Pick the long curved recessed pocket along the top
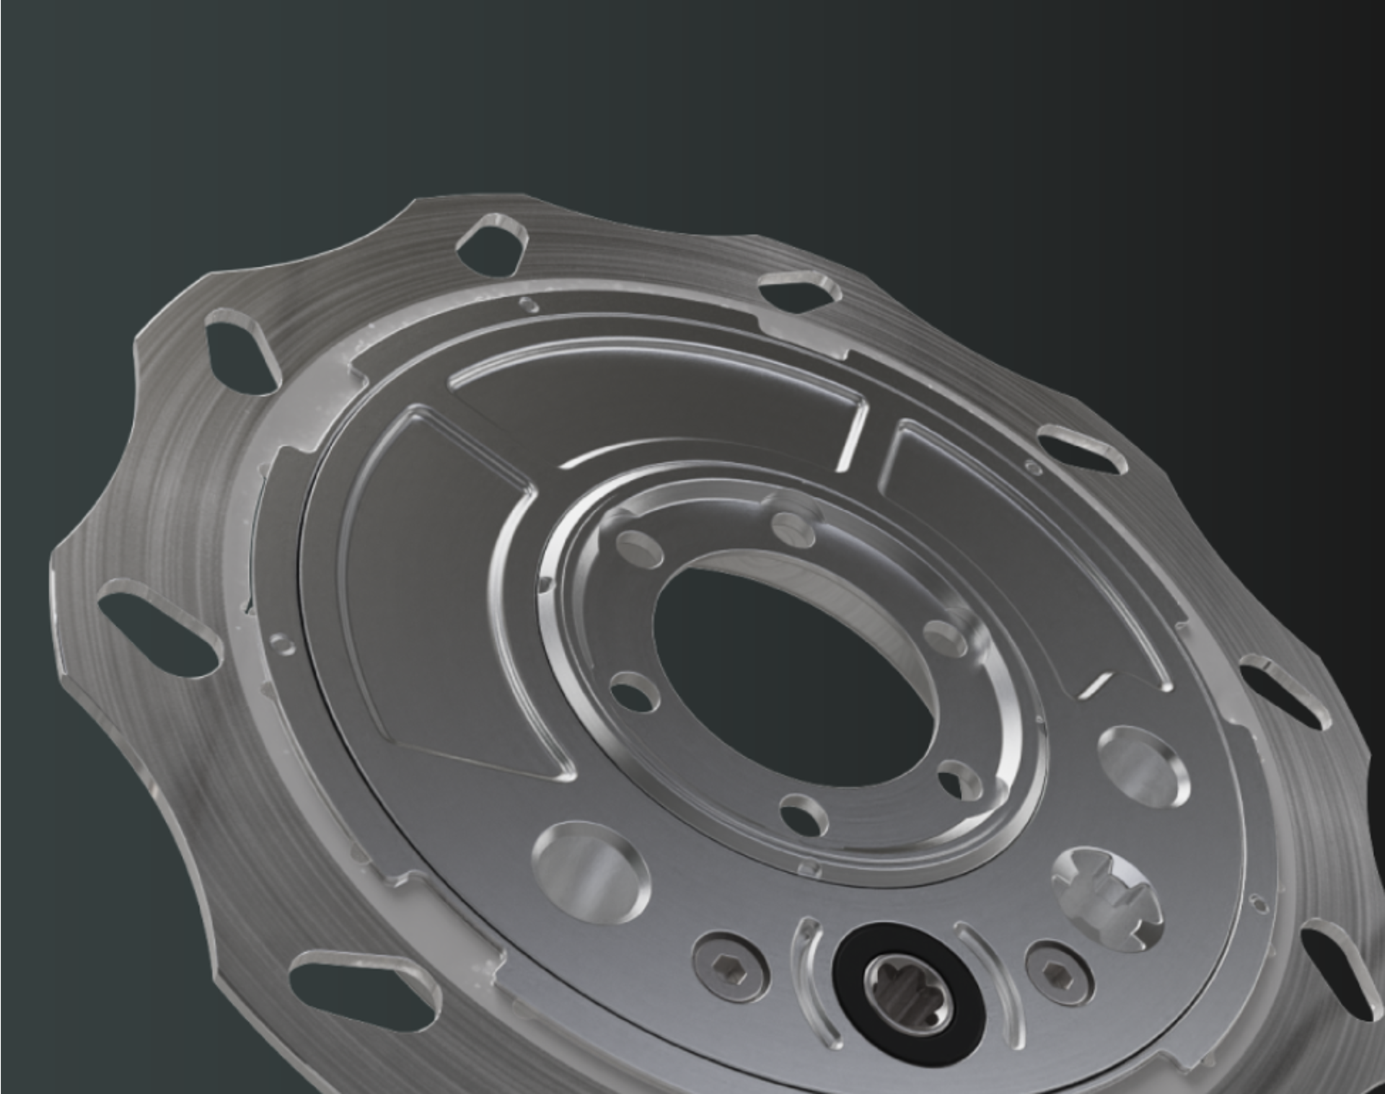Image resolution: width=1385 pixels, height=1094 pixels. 649,404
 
